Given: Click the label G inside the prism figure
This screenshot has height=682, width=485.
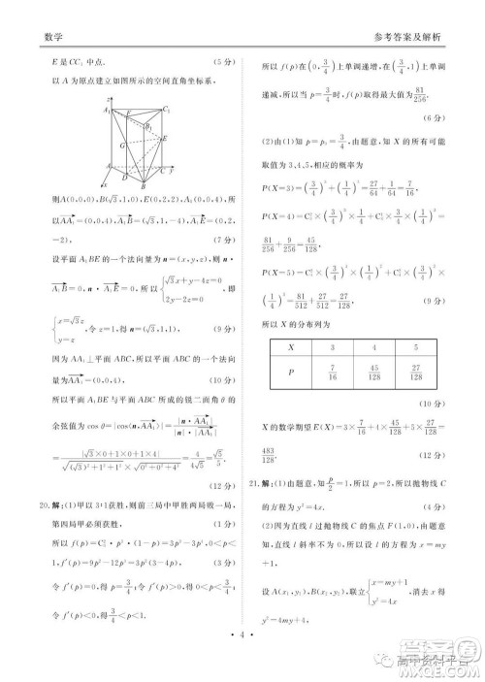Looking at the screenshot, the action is (121, 144).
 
